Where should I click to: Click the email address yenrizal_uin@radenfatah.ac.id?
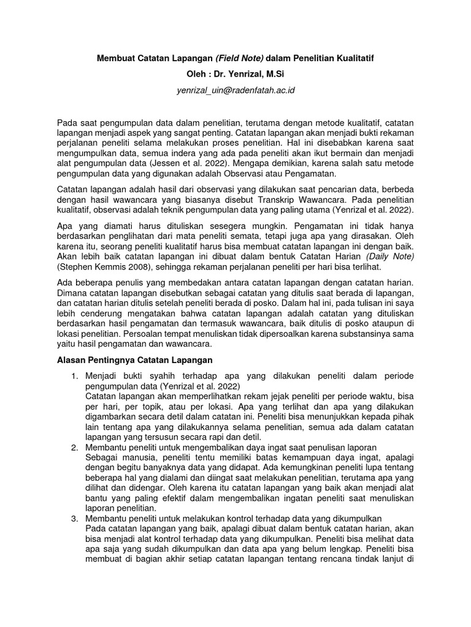click(x=235, y=91)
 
